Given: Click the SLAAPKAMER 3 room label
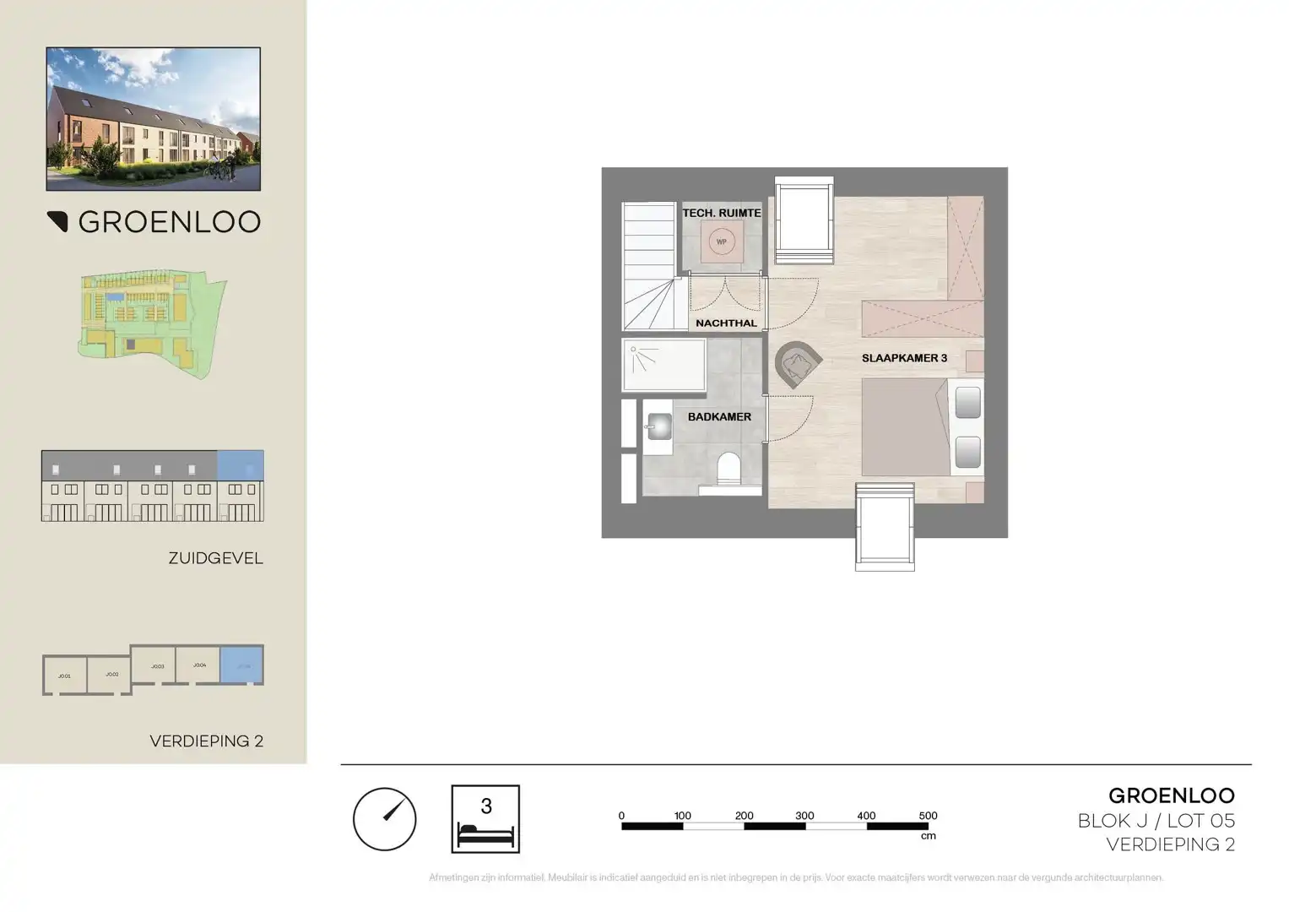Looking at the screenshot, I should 903,358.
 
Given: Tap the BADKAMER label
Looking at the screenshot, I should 718,417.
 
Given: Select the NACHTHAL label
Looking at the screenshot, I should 726,323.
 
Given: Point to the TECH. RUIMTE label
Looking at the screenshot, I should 721,213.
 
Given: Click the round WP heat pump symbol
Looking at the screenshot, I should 721,242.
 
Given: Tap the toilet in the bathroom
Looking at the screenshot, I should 727,469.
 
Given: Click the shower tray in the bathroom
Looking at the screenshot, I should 664,365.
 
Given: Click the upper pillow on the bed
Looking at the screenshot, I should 967,403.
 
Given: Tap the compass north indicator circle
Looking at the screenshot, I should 384,819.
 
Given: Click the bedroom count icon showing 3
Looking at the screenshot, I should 485,818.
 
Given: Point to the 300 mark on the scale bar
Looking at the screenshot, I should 804,817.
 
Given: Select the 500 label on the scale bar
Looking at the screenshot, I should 927,816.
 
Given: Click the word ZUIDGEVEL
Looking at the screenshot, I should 215,558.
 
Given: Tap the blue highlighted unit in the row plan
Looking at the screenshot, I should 241,665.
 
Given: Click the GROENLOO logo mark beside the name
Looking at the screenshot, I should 57,221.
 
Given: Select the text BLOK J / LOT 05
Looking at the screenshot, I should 1156,820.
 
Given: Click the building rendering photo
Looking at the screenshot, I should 153,118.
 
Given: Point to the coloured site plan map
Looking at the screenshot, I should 152,323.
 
